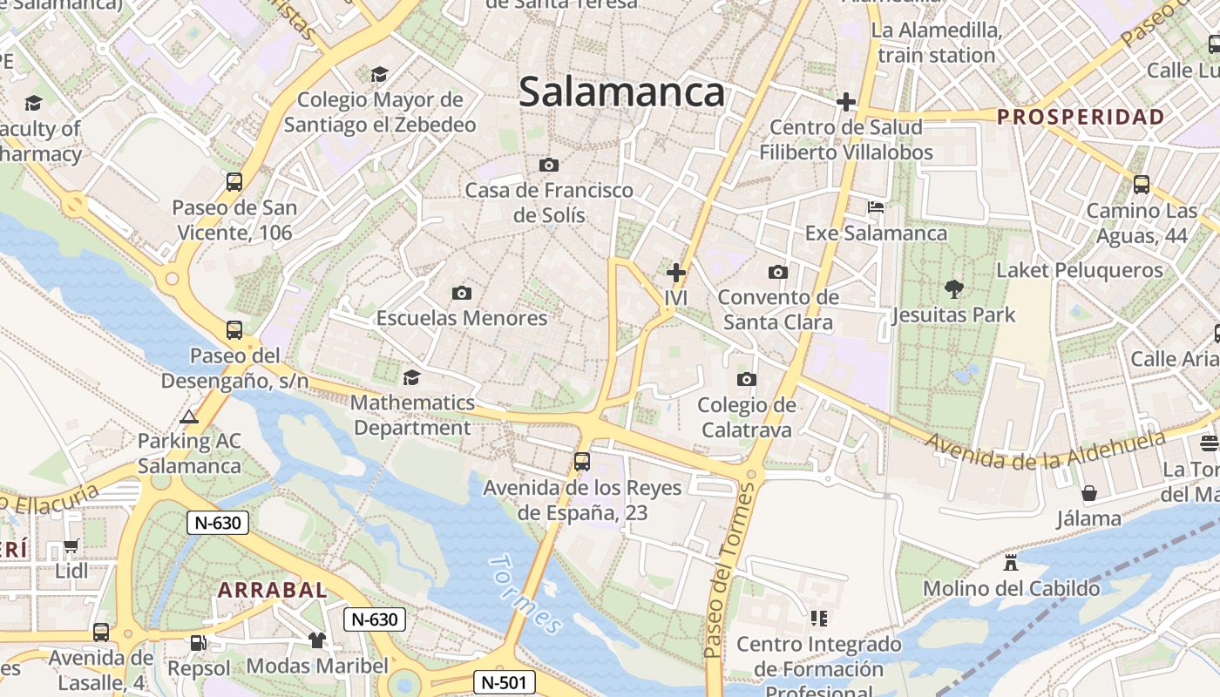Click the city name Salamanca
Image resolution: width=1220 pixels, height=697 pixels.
click(x=621, y=92)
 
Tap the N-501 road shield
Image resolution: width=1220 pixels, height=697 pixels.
click(x=505, y=682)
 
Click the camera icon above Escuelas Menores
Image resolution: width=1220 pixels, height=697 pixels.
click(x=462, y=293)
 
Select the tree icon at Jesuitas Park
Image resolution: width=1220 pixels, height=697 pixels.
click(x=954, y=288)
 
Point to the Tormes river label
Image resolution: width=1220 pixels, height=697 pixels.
click(x=525, y=593)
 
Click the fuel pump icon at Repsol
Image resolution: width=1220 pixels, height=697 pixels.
click(x=199, y=643)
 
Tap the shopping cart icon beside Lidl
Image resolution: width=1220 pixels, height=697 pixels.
click(x=71, y=546)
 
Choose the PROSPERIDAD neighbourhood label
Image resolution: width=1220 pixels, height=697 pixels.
click(x=1081, y=117)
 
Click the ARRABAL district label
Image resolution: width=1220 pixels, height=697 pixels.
click(x=273, y=590)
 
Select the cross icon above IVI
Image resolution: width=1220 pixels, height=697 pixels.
click(x=676, y=273)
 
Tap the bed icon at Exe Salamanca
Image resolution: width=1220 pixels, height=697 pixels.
click(x=876, y=208)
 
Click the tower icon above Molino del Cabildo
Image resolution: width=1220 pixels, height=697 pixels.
click(x=1011, y=562)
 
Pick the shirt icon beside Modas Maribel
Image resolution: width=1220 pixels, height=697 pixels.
click(x=316, y=640)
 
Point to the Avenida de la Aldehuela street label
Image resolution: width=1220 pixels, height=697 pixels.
click(x=1046, y=447)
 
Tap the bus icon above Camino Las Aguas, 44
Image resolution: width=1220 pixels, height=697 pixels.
click(x=1142, y=185)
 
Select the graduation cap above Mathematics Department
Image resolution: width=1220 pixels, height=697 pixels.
click(x=411, y=377)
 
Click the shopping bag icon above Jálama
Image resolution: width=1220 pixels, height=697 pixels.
click(x=1089, y=494)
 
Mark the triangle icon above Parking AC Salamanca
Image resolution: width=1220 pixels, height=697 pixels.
click(x=189, y=416)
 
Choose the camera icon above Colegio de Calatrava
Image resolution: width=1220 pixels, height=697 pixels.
click(x=747, y=379)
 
